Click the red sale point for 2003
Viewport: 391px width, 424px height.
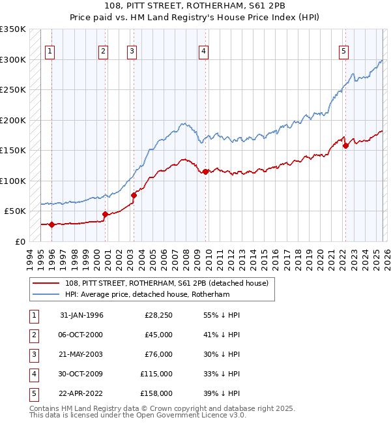[134, 195]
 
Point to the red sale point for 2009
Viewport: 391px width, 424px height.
[205, 172]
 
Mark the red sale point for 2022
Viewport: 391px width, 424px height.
[345, 145]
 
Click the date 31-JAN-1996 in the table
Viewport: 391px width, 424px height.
[81, 315]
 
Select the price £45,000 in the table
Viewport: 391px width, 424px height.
[158, 335]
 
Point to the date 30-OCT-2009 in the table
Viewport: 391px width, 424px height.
[81, 374]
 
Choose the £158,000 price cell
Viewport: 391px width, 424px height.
[156, 393]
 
